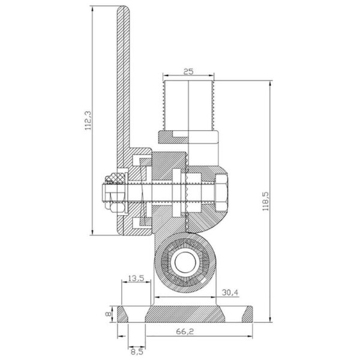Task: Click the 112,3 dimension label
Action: pos(88,121)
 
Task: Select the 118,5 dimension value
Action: pos(265,201)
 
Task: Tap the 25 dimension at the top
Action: pos(188,71)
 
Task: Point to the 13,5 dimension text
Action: pos(136,278)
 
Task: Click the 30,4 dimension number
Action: pos(230,293)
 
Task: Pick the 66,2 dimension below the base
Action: pos(185,331)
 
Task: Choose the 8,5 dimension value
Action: pos(137,352)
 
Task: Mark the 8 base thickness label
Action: pos(108,314)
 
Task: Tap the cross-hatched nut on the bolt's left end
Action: pos(115,179)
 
